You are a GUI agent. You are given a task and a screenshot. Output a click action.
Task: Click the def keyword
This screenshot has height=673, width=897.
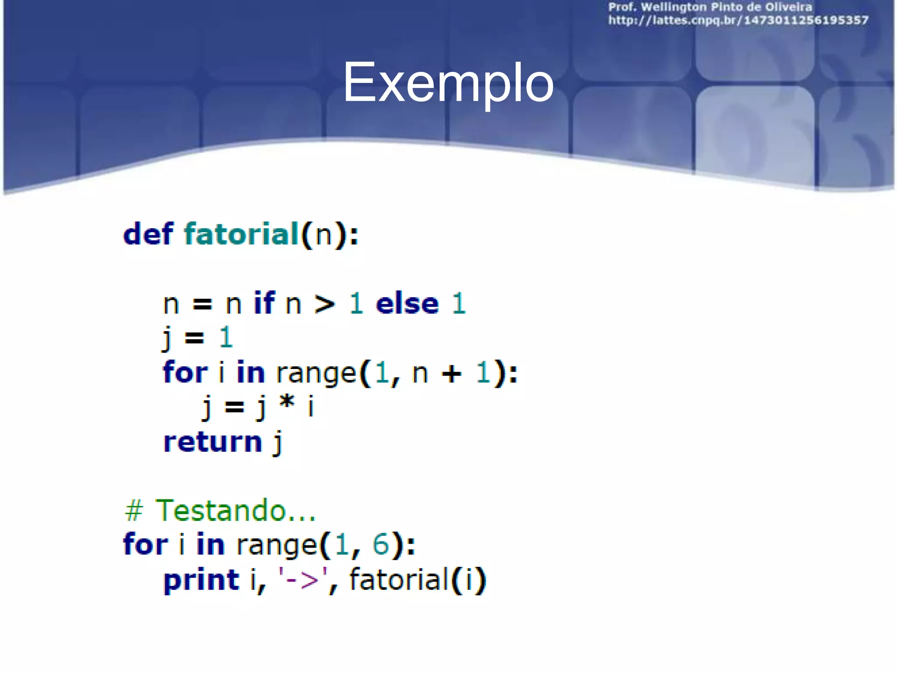148,234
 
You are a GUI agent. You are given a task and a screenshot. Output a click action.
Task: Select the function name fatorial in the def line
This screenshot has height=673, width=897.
241,234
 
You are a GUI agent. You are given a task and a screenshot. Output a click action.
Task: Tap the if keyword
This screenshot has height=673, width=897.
264,303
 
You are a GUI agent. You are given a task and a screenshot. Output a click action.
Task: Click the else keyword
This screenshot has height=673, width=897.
407,304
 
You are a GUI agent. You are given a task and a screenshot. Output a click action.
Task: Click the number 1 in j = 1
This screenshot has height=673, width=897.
226,337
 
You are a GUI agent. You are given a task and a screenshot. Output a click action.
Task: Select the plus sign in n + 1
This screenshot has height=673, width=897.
452,374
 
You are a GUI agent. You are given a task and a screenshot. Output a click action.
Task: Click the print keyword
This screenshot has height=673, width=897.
201,580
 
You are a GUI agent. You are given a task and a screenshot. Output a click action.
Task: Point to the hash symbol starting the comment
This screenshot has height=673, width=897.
134,511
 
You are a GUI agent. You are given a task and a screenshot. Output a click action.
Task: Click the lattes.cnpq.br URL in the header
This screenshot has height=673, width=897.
738,21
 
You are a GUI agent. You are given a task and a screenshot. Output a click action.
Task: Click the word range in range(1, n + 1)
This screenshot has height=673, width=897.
316,374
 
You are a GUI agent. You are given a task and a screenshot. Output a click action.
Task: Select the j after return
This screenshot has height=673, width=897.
277,443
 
